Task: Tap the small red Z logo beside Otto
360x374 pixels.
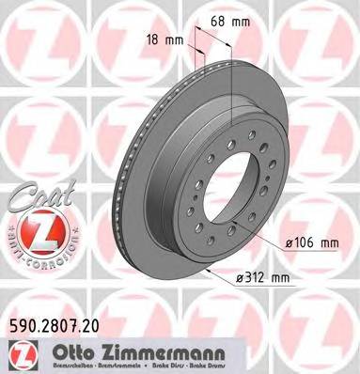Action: pyautogui.click(x=19, y=351)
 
